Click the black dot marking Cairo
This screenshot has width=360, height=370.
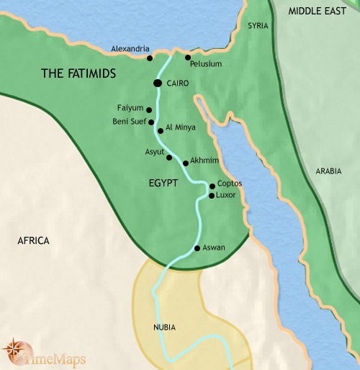click(x=157, y=84)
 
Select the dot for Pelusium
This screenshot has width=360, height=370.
click(x=188, y=57)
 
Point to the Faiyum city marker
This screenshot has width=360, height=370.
click(x=148, y=110)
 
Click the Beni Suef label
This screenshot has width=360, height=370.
click(x=129, y=122)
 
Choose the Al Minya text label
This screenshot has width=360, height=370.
click(x=181, y=127)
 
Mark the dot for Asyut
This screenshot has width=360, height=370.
click(x=169, y=157)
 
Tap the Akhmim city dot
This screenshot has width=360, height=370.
click(x=186, y=163)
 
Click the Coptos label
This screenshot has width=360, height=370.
click(x=229, y=184)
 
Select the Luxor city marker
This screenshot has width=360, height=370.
click(x=212, y=195)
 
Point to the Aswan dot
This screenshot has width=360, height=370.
click(x=197, y=248)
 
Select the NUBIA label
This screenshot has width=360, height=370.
click(x=164, y=328)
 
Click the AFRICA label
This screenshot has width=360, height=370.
click(x=33, y=240)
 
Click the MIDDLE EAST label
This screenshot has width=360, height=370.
click(x=316, y=11)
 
